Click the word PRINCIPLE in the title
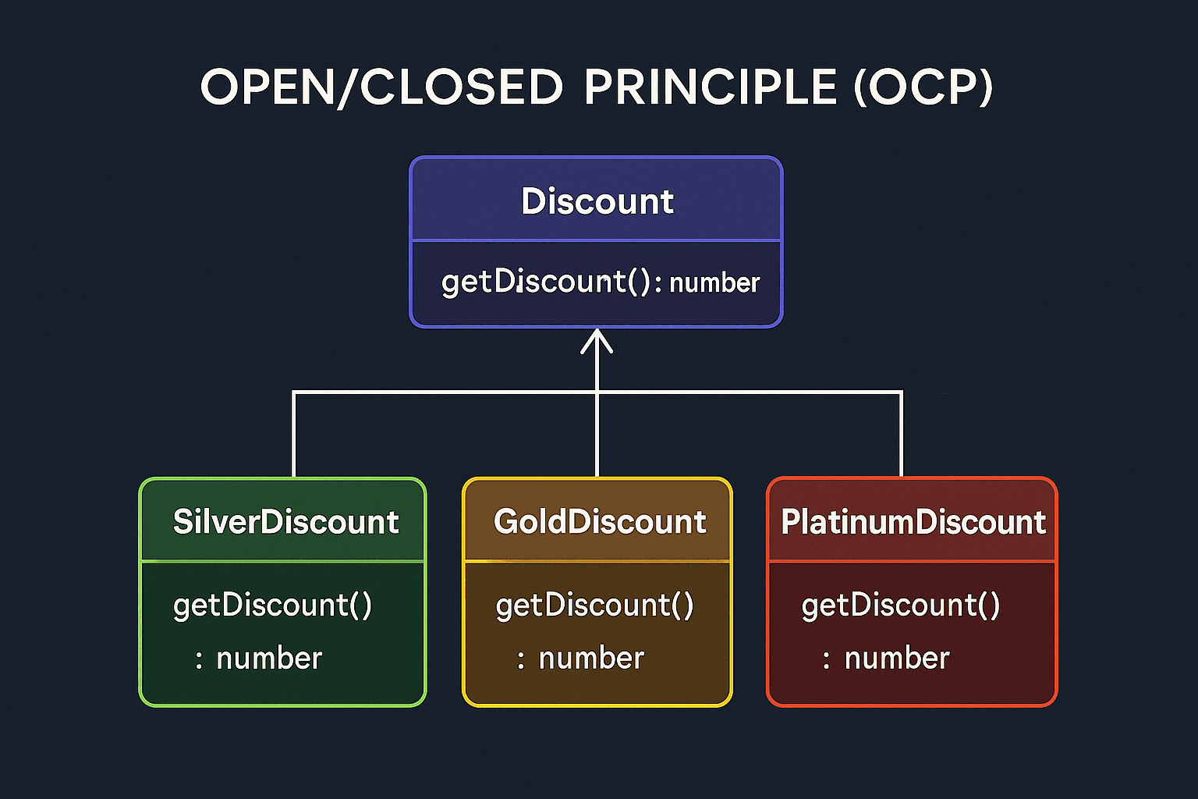710,87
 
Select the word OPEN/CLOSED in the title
381,87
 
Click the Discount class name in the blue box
597,201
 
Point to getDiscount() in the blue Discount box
545,282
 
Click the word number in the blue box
714,282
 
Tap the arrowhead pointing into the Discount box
597,341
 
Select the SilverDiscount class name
285,522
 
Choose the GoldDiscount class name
599,522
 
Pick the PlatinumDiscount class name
913,522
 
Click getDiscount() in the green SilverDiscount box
273,605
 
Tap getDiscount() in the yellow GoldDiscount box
594,605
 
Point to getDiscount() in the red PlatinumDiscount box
901,605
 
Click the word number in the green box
269,659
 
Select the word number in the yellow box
591,659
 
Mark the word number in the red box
897,659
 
